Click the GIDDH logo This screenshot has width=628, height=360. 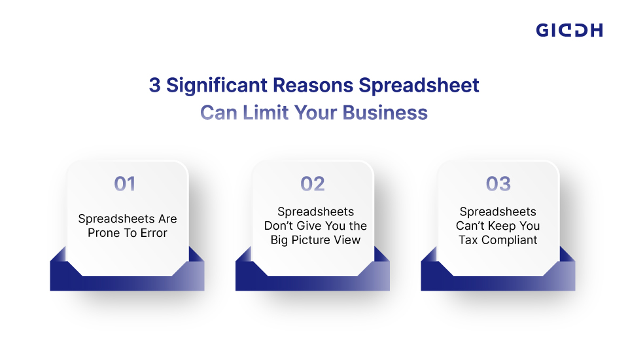click(x=569, y=30)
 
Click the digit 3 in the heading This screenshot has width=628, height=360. click(x=154, y=86)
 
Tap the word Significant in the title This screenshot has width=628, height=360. click(x=214, y=86)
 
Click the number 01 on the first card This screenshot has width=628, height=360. click(x=124, y=184)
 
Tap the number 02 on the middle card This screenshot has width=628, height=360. click(x=312, y=184)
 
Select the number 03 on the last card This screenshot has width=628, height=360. click(x=498, y=184)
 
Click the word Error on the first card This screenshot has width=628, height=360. click(x=152, y=232)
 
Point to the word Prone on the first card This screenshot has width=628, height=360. click(x=103, y=232)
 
